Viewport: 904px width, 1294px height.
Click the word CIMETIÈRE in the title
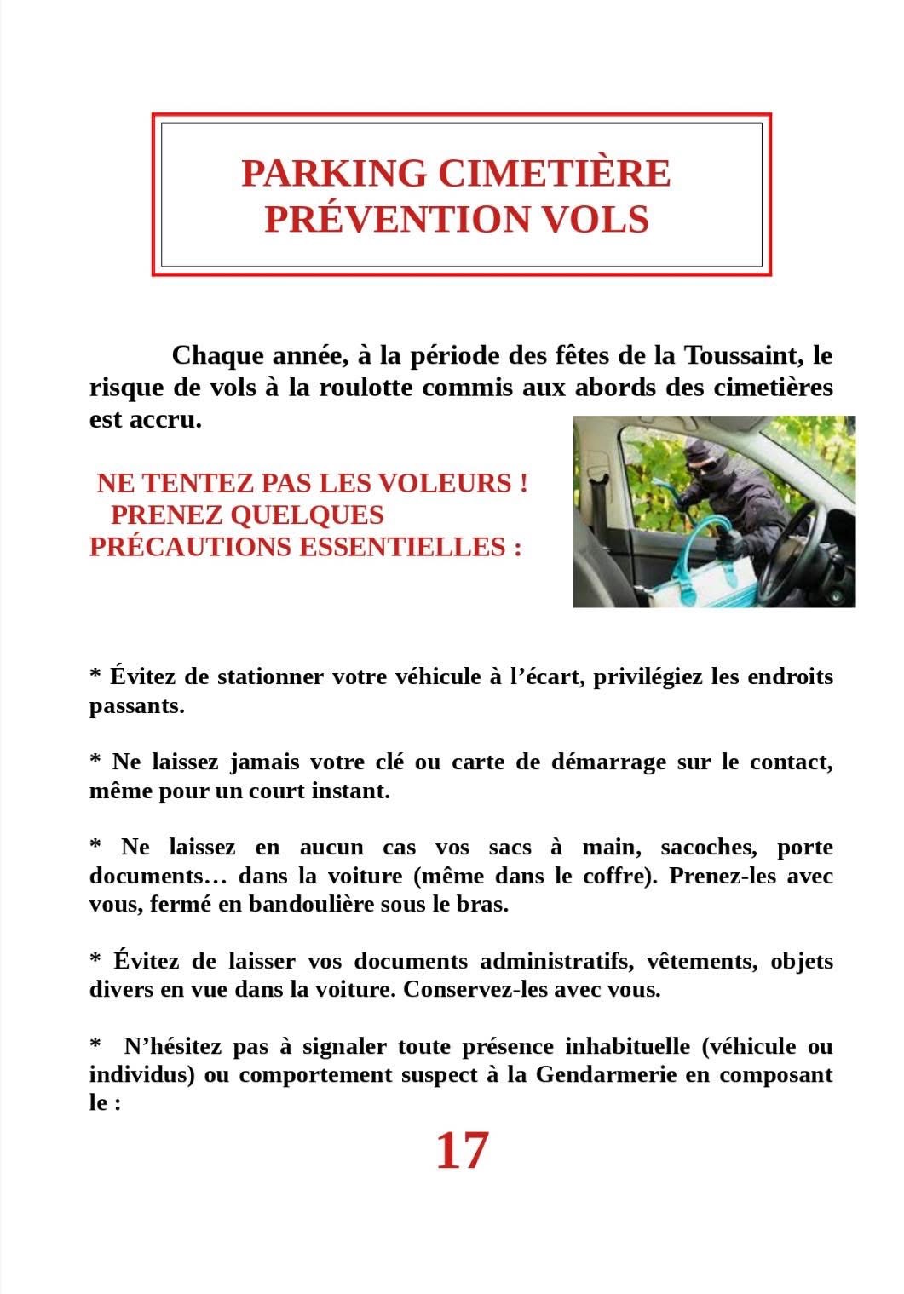coord(554,173)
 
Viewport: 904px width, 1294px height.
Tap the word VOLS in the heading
coord(596,218)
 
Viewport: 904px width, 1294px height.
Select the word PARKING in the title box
coord(334,173)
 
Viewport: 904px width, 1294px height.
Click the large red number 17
coord(462,1151)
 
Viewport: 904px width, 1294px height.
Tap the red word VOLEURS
coord(442,483)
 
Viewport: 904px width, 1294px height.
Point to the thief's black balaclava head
coord(703,460)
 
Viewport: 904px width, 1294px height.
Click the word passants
coord(135,706)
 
